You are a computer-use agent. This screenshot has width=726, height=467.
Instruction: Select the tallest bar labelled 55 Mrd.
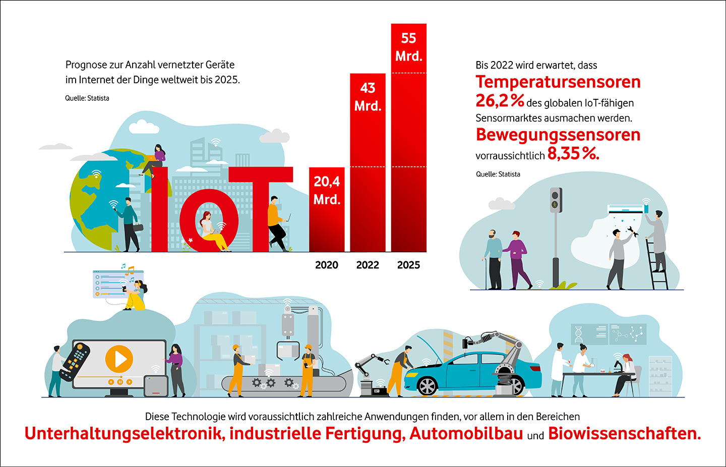tap(408, 141)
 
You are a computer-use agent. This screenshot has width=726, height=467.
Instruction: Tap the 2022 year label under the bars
tap(368, 265)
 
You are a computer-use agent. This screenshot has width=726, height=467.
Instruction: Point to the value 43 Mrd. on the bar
tap(368, 97)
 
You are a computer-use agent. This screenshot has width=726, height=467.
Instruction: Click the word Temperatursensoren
tap(558, 82)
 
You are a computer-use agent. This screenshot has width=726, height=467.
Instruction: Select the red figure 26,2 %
tap(500, 101)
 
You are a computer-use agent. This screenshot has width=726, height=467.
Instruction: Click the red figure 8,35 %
tap(573, 154)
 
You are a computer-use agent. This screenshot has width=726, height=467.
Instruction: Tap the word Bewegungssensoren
tap(558, 135)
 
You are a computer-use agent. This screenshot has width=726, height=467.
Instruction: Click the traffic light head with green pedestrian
tap(556, 200)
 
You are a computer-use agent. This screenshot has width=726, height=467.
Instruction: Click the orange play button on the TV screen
tap(119, 359)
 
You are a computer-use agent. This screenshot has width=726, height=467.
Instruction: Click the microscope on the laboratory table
tap(617, 364)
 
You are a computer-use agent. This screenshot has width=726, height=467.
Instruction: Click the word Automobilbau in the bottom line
tap(466, 434)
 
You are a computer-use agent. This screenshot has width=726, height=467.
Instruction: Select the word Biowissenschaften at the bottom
tap(624, 434)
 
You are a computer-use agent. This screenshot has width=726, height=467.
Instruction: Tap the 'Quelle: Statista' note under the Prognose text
tap(87, 98)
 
